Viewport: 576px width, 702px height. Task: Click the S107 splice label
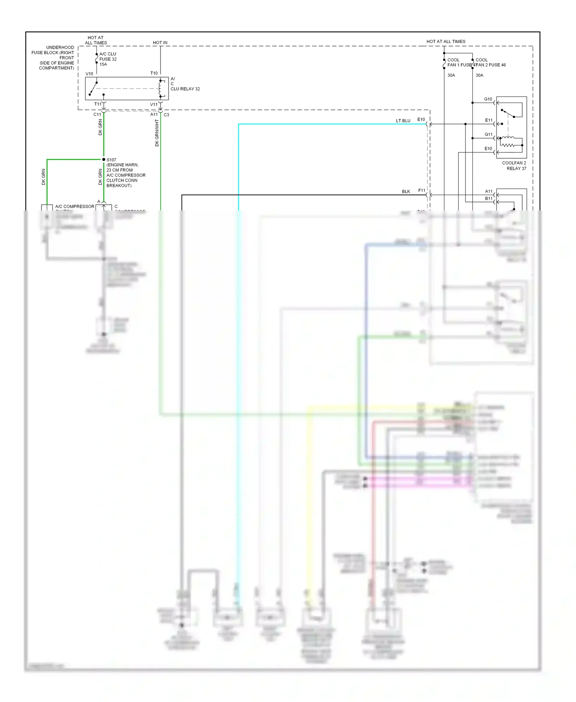point(111,160)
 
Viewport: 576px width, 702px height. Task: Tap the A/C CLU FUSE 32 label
point(108,56)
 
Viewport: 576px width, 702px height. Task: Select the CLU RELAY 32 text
point(185,89)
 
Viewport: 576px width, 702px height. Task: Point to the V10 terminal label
point(89,74)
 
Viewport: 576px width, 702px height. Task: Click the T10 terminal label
point(154,73)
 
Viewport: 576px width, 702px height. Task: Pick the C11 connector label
point(97,114)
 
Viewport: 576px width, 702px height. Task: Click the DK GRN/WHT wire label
point(157,133)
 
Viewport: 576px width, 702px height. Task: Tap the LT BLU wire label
point(403,121)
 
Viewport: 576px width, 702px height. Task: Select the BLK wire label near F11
point(406,191)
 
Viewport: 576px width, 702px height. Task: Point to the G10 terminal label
point(488,99)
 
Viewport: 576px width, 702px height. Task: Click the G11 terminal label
point(488,134)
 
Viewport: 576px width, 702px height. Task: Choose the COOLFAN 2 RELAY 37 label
point(514,166)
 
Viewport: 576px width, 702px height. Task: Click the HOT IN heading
point(160,43)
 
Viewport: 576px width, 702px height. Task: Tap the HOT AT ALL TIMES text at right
point(446,41)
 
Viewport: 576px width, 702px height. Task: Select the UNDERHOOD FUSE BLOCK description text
point(54,58)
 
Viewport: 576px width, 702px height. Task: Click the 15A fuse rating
point(103,65)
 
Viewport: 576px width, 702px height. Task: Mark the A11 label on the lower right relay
point(488,191)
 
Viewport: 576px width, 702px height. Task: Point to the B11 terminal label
point(488,199)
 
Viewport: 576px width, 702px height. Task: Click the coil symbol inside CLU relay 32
point(160,89)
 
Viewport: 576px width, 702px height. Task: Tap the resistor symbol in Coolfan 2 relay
point(508,145)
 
